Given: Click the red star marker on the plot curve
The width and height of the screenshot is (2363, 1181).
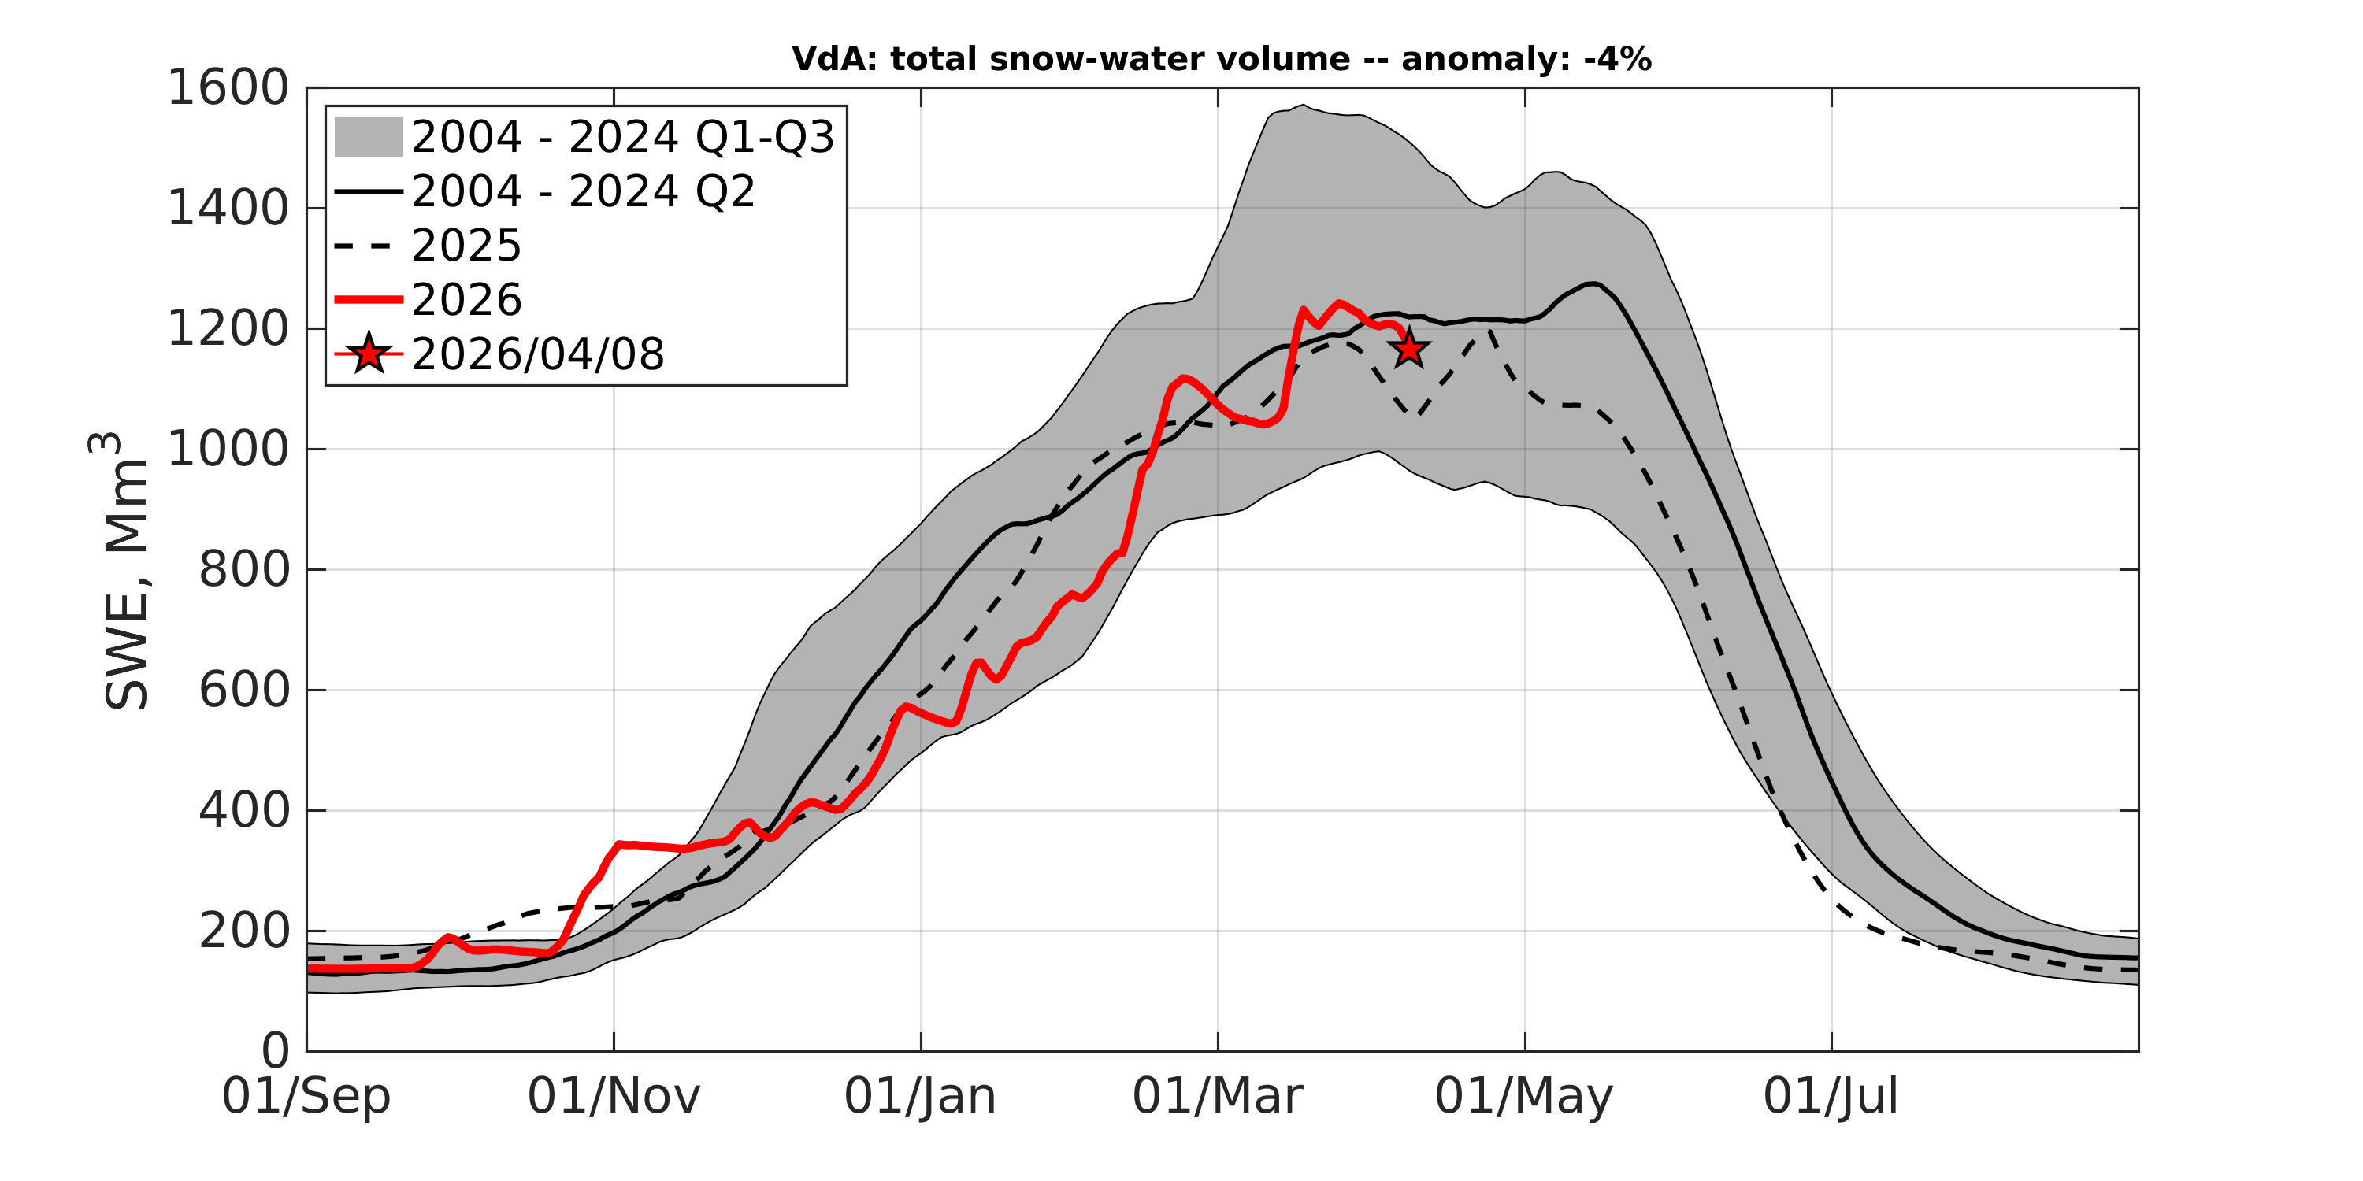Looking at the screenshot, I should [x=1409, y=350].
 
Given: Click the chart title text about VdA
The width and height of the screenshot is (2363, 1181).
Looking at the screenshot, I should [x=1220, y=60].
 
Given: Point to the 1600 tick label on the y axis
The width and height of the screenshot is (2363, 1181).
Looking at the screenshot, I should [x=228, y=88].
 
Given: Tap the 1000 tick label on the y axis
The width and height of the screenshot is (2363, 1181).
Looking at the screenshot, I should [x=228, y=450].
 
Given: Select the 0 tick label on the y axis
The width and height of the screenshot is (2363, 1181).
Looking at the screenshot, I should [x=275, y=1051].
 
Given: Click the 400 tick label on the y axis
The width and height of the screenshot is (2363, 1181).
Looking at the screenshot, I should [x=244, y=811].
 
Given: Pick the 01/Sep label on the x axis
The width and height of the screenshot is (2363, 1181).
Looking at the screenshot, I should [x=306, y=1097].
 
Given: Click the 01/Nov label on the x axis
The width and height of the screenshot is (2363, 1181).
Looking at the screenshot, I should [x=614, y=1097].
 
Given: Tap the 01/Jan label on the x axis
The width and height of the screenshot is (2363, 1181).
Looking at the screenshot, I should [x=920, y=1097].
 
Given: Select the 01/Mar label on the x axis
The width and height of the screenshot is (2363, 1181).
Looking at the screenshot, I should [x=1217, y=1097].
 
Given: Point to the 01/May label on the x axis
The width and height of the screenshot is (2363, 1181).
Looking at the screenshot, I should [x=1523, y=1097].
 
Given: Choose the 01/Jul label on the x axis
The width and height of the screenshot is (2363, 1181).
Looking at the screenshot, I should [x=1831, y=1097].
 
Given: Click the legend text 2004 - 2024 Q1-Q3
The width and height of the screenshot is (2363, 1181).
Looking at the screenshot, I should [x=623, y=138].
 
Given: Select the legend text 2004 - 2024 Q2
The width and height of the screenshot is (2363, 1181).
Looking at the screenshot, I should [x=584, y=191].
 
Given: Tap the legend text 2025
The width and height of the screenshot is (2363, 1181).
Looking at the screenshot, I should [x=466, y=246].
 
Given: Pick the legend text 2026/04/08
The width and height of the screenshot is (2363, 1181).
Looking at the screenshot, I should [x=537, y=354].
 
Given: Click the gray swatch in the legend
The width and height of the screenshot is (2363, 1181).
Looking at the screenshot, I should [x=368, y=138].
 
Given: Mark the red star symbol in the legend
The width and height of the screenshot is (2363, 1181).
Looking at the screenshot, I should [x=369, y=353].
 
